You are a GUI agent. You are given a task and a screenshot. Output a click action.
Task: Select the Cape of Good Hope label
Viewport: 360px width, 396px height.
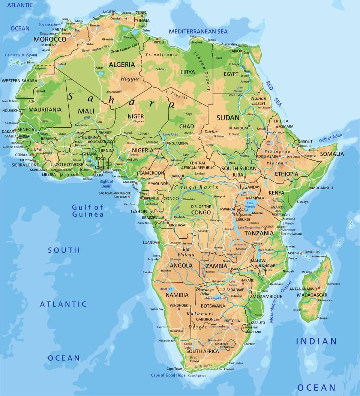point(168,375)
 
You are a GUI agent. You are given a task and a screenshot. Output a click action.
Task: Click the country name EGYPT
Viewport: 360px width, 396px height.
point(231,74)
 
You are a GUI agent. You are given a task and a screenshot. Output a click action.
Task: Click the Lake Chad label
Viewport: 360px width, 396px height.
point(171,134)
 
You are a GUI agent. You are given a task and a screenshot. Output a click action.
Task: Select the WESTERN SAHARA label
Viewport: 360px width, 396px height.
point(19,81)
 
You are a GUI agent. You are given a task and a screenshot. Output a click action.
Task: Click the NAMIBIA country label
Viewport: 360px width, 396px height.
point(177,295)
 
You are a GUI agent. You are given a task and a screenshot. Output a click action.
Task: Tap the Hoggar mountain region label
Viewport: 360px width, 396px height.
point(130,79)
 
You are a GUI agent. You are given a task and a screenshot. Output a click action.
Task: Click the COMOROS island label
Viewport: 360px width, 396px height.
point(311,252)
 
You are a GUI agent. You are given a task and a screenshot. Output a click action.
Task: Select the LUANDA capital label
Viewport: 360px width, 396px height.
point(150,242)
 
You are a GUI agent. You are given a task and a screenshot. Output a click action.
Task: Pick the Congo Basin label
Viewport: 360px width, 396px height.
point(191,187)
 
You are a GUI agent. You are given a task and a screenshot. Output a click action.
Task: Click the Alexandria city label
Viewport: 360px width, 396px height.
point(229,44)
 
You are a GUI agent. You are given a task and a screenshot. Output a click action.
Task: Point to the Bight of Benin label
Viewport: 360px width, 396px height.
point(106,184)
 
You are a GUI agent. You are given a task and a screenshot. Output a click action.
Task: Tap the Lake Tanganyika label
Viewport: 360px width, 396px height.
point(246,227)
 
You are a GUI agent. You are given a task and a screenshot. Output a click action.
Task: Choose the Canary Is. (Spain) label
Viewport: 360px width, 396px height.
point(21,55)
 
